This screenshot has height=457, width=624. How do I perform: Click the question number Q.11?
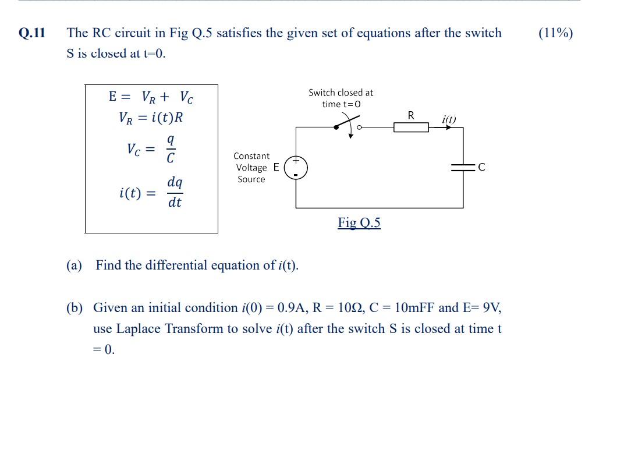[32, 33]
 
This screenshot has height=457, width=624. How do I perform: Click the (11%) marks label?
[555, 33]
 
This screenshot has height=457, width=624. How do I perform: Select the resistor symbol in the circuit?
[411, 127]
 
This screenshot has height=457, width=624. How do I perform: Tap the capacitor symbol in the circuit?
[463, 168]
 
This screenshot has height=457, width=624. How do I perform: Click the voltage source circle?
[296, 168]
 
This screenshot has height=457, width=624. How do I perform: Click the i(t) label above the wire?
[449, 119]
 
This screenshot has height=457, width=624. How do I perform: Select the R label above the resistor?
[411, 115]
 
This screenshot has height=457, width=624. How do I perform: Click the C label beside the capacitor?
[481, 168]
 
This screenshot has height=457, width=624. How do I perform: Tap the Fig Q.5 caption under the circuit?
[359, 223]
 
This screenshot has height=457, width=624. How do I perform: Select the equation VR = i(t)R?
[151, 118]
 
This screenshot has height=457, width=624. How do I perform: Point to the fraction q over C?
[171, 149]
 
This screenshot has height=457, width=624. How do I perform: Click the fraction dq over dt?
[175, 192]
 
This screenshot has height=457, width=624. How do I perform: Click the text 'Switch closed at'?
[341, 93]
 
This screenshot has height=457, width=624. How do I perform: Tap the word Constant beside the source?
[251, 156]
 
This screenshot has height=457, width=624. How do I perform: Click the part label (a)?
[74, 265]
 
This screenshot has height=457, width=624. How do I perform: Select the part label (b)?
[74, 308]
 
